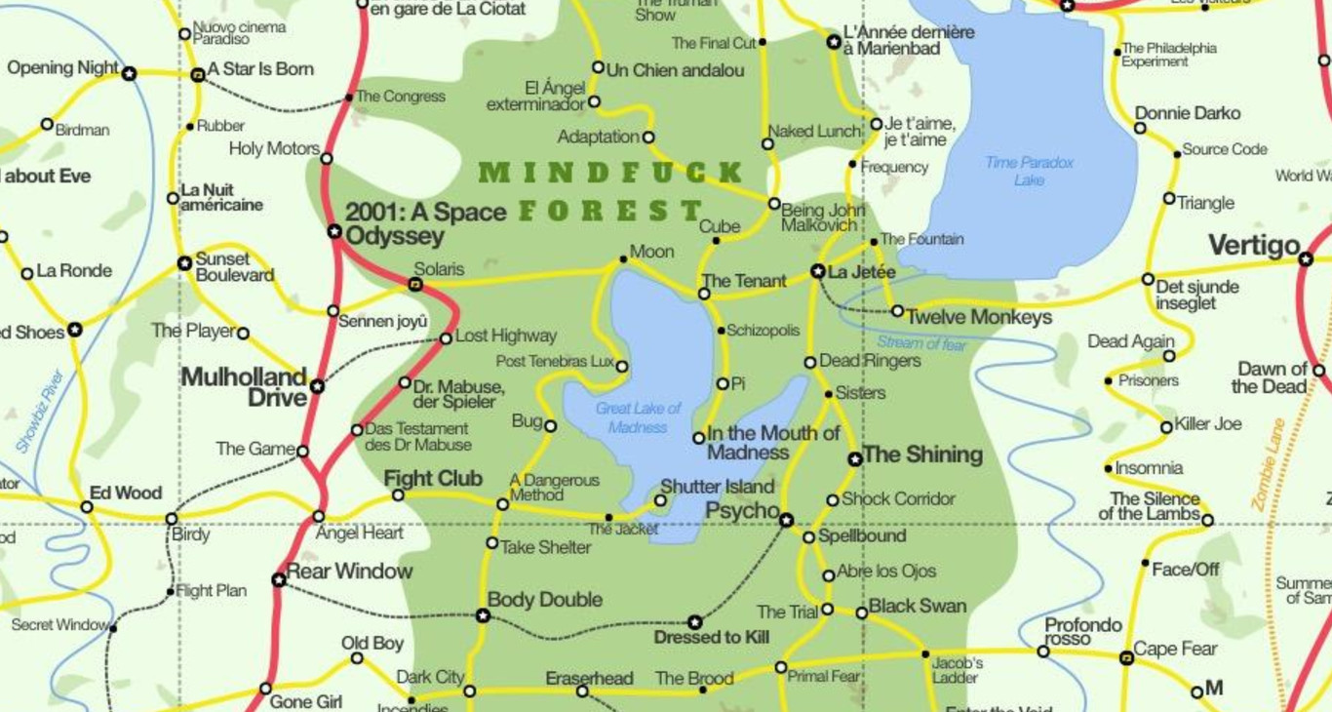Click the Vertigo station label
point(1254,246)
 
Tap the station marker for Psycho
point(786,520)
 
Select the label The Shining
point(922,455)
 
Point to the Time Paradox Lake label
point(1029,171)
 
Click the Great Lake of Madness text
point(638,417)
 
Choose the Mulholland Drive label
point(245,387)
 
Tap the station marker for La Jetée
point(818,271)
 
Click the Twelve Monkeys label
point(979,317)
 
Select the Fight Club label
point(433,479)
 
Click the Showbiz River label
point(40,411)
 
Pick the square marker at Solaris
point(414,285)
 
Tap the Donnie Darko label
point(1188,113)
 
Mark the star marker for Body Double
point(482,615)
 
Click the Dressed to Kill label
point(711,638)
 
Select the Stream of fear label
point(921,343)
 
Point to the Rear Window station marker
point(279,579)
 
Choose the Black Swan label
point(917,606)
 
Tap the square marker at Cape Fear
point(1126,658)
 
